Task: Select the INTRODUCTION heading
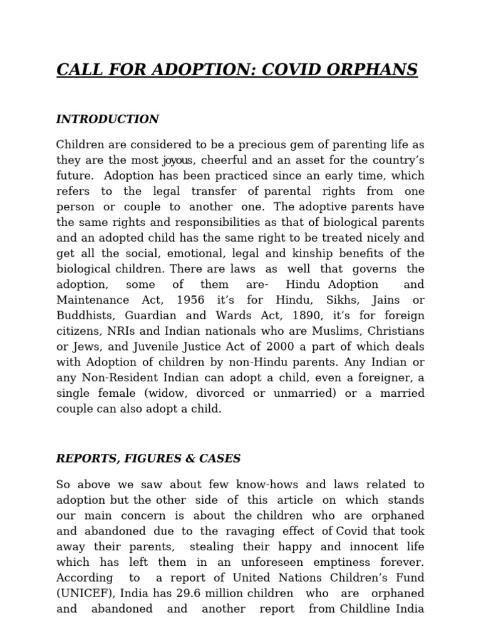[107, 119]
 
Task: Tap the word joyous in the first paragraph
[178, 160]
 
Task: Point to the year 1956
[191, 300]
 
